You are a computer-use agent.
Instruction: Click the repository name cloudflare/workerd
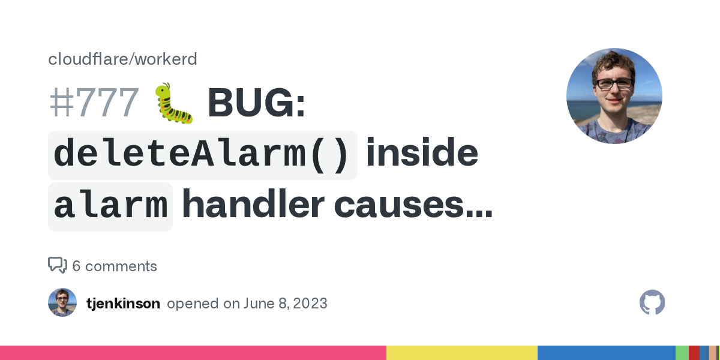pyautogui.click(x=122, y=59)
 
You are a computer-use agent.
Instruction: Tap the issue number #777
pyautogui.click(x=94, y=103)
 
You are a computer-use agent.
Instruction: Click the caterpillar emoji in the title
pyautogui.click(x=174, y=103)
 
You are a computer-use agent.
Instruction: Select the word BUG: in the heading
pyautogui.click(x=257, y=103)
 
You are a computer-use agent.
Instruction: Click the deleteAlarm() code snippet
pyautogui.click(x=202, y=155)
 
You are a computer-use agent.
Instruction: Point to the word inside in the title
pyautogui.click(x=422, y=155)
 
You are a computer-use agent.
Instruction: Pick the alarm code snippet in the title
pyautogui.click(x=110, y=206)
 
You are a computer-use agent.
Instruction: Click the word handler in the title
pyautogui.click(x=253, y=206)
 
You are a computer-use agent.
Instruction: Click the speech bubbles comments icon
pyautogui.click(x=58, y=265)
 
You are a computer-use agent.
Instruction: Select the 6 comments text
pyautogui.click(x=115, y=266)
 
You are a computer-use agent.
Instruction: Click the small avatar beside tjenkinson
pyautogui.click(x=62, y=302)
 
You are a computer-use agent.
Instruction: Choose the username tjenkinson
pyautogui.click(x=123, y=304)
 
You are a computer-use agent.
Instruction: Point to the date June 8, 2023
pyautogui.click(x=285, y=304)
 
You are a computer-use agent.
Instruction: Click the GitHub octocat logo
pyautogui.click(x=652, y=302)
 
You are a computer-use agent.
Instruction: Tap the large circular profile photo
pyautogui.click(x=614, y=96)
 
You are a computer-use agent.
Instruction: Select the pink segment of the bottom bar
pyautogui.click(x=193, y=353)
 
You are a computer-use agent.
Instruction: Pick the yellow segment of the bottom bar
pyautogui.click(x=461, y=353)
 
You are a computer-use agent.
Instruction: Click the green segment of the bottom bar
pyautogui.click(x=682, y=353)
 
